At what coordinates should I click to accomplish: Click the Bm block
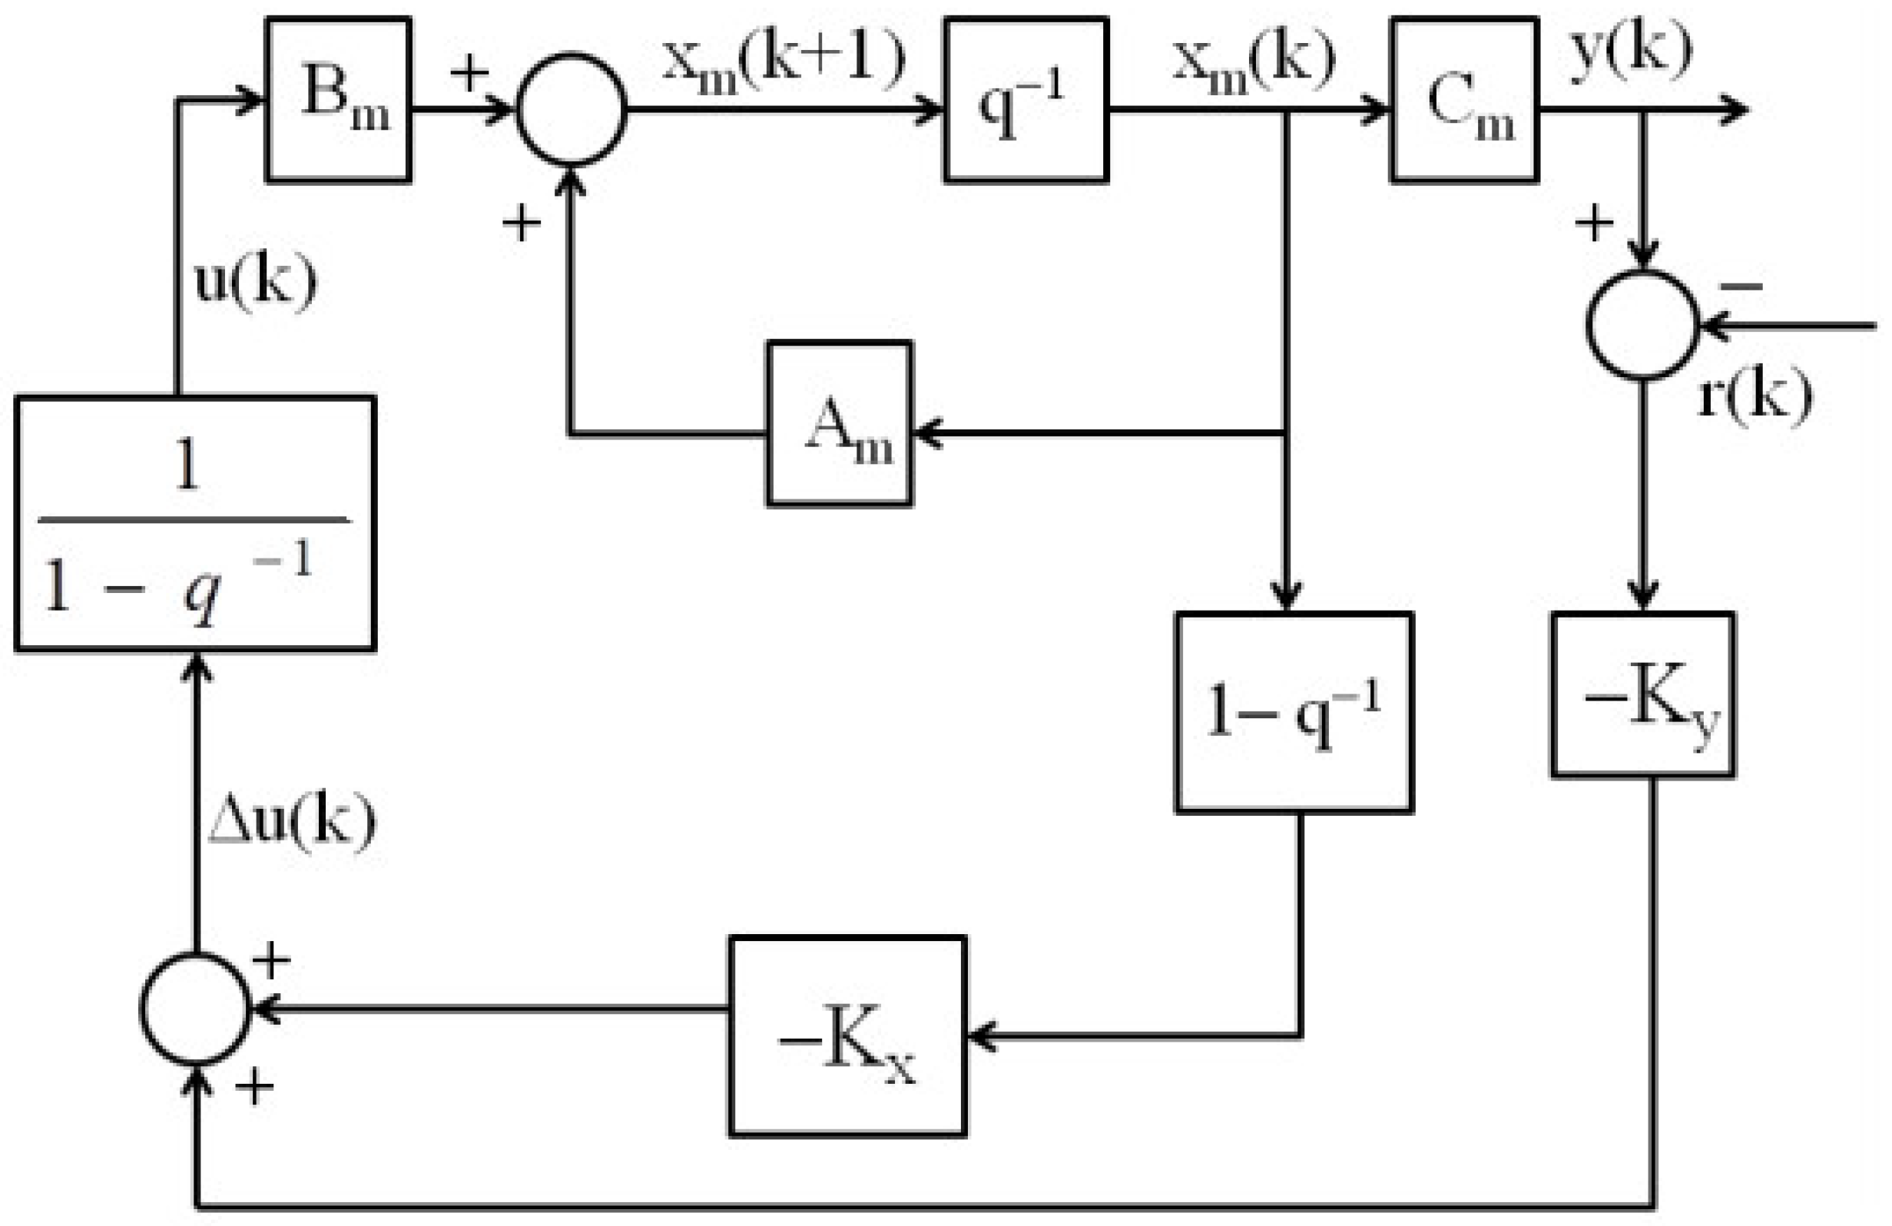[x=339, y=99]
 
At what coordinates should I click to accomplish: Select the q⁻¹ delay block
[x=1026, y=100]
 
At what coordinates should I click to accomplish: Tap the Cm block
[x=1463, y=100]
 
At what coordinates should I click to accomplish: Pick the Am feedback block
[x=840, y=424]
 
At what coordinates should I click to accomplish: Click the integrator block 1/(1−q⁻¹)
[x=195, y=523]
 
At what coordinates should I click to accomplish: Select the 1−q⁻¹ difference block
[x=1294, y=712]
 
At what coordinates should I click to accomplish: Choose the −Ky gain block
[x=1642, y=695]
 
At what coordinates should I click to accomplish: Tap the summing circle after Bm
[x=572, y=110]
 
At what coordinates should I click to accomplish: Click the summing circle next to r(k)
[x=1642, y=324]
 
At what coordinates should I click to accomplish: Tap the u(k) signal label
[x=255, y=281]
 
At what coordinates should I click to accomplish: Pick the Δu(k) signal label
[x=292, y=820]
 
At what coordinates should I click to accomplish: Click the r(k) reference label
[x=1754, y=396]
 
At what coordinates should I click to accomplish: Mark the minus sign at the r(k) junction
[x=1741, y=286]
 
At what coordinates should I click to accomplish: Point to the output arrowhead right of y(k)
[x=1735, y=109]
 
